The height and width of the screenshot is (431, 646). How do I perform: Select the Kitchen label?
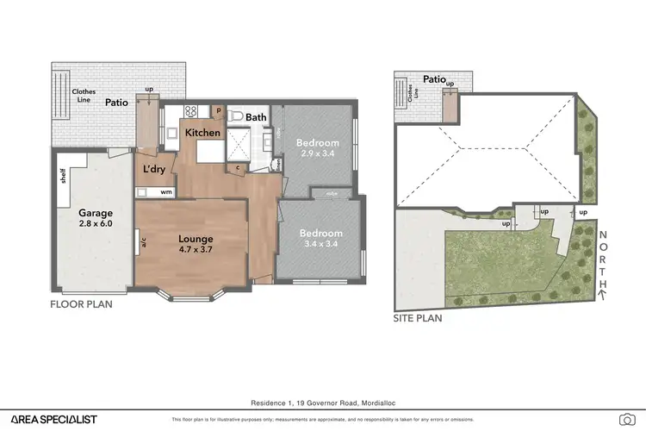coord(203,134)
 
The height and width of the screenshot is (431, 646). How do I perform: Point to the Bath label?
coord(256,117)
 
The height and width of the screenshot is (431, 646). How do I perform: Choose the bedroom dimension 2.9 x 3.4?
coord(315,153)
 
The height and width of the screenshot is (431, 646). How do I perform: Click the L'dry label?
coord(154,170)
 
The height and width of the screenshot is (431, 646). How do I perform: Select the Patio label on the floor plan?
coord(117,103)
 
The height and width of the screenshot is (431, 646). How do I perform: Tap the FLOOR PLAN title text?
coord(81,304)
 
